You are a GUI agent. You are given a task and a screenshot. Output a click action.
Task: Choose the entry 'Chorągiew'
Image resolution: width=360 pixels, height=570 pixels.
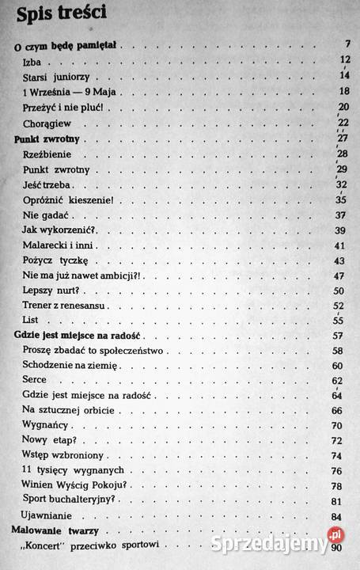coord(46,123)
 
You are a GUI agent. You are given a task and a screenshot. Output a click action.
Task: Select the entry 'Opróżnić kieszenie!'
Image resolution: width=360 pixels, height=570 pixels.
coord(72,199)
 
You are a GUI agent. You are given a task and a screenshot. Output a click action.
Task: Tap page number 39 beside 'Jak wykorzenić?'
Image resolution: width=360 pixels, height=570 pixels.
coord(341,230)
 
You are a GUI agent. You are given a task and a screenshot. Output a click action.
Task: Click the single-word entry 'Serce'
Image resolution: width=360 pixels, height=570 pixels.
coord(36,380)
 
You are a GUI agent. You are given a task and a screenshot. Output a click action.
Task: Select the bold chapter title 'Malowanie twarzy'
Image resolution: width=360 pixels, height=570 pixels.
coord(62,530)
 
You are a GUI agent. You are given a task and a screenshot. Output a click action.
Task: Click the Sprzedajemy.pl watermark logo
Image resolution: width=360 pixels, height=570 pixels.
coord(269,545)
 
